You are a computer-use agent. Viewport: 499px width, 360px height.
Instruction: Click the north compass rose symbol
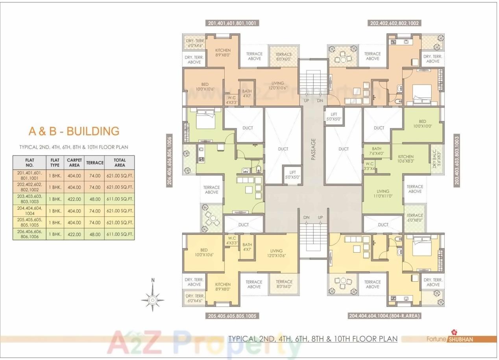pos(153,299)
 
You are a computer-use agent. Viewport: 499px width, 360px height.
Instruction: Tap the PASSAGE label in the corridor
pos(314,149)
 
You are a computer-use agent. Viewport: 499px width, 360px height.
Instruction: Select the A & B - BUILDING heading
pos(74,131)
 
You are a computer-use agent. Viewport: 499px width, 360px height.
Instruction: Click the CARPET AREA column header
pos(74,162)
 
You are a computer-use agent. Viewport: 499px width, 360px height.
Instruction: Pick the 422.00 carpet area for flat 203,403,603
pos(74,199)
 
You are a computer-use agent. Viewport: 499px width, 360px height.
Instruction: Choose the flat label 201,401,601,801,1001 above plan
pos(232,23)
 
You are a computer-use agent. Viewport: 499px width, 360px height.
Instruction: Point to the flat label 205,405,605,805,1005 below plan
pos(232,316)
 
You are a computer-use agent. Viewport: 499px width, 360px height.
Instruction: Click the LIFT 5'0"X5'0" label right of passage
pos(334,117)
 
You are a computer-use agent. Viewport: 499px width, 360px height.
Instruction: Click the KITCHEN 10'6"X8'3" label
pos(406,159)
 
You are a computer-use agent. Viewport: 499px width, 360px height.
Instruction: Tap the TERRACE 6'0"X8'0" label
pos(415,218)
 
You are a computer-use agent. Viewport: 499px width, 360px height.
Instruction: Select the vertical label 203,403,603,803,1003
pos(456,161)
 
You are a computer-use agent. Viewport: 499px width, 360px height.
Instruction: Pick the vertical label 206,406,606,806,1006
pos(170,161)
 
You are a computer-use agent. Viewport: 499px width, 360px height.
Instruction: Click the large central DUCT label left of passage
pos(283,149)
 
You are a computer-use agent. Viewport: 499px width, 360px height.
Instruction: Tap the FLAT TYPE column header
pos(55,162)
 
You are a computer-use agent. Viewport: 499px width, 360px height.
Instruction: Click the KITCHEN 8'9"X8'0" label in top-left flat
pos(223,53)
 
